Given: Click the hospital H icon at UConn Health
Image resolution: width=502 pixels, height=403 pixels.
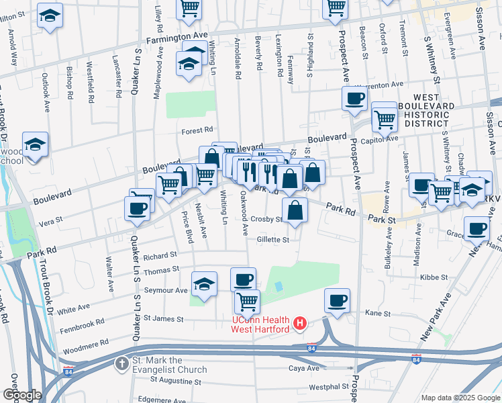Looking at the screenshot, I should pyautogui.click(x=301, y=324).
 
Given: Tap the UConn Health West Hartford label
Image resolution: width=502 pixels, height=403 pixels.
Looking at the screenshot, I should pyautogui.click(x=261, y=324).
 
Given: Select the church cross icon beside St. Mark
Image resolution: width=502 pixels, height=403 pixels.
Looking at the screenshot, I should pyautogui.click(x=121, y=365).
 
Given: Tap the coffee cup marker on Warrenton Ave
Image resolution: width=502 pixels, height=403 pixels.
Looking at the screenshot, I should pyautogui.click(x=354, y=99).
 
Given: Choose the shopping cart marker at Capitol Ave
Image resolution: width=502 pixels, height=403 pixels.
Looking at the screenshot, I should pyautogui.click(x=385, y=118).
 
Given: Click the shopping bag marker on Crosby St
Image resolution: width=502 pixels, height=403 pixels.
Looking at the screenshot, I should pyautogui.click(x=295, y=210).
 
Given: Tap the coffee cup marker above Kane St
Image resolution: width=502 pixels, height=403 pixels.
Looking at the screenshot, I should pyautogui.click(x=338, y=301).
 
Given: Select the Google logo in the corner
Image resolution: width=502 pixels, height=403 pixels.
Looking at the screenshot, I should pyautogui.click(x=22, y=395).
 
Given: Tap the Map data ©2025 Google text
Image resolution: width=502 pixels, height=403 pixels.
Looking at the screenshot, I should pyautogui.click(x=460, y=398).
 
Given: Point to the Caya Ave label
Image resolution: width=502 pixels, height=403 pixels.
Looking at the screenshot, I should pyautogui.click(x=303, y=368).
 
